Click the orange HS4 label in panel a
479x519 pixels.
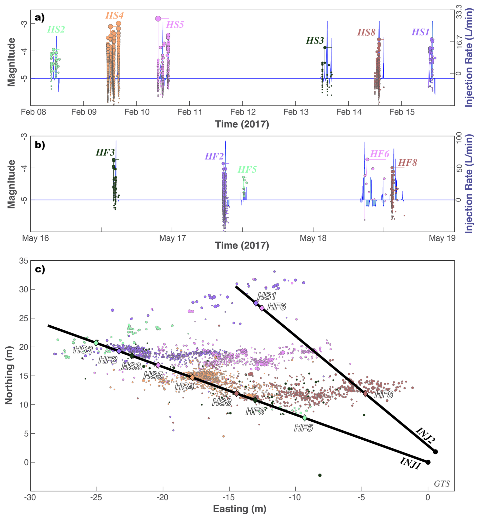114,15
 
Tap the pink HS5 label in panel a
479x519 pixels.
175,25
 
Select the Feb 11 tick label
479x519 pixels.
190,112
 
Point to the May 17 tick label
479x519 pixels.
173,238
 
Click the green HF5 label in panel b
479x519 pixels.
247,170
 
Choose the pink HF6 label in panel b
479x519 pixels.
380,154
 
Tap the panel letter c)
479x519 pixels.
40,269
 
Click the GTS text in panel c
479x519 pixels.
442,484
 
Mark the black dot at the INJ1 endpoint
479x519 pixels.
428,462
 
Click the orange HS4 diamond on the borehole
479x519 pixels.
192,377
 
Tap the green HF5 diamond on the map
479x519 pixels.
305,418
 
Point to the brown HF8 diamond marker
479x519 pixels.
365,394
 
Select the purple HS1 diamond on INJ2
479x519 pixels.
256,303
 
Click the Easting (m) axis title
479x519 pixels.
239,509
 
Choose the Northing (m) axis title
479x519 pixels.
9,376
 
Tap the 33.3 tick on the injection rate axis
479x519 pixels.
459,12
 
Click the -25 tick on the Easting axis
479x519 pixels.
97,497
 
